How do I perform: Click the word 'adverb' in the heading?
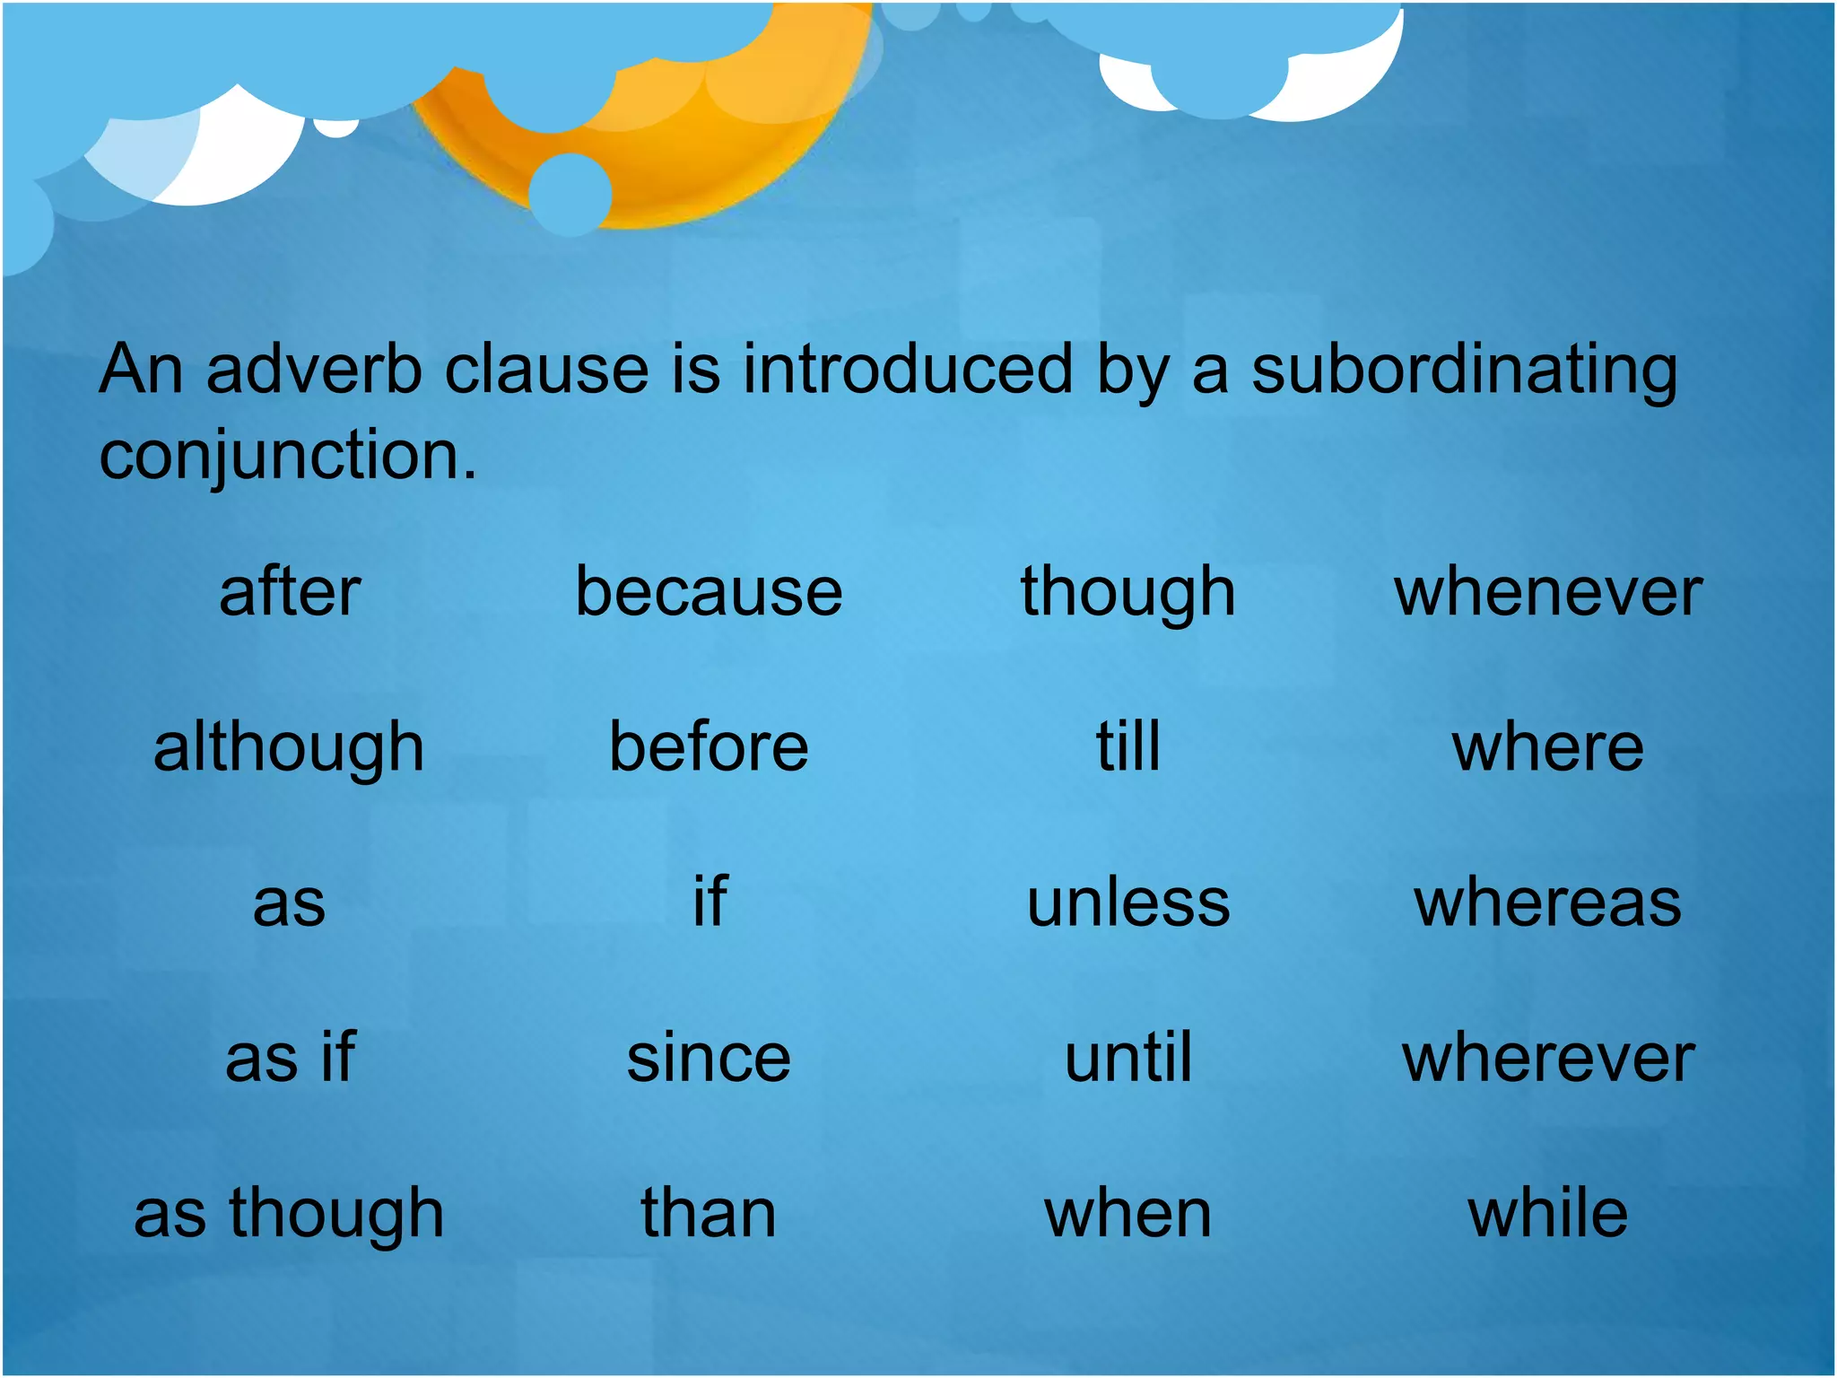click(314, 369)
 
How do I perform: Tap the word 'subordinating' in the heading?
click(1464, 371)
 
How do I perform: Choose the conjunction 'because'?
click(709, 592)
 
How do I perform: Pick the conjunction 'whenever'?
click(1547, 592)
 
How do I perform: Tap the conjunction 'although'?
click(288, 748)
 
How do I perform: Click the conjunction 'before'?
click(709, 746)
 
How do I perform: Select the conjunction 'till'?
click(1127, 746)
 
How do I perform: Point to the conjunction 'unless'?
click(1127, 903)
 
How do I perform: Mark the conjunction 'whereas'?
click(1547, 903)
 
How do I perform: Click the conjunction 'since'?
click(709, 1058)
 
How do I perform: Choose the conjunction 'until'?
click(1127, 1058)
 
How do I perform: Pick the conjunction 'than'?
click(709, 1213)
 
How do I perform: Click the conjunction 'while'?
click(1547, 1213)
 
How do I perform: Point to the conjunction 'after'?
click(290, 592)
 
